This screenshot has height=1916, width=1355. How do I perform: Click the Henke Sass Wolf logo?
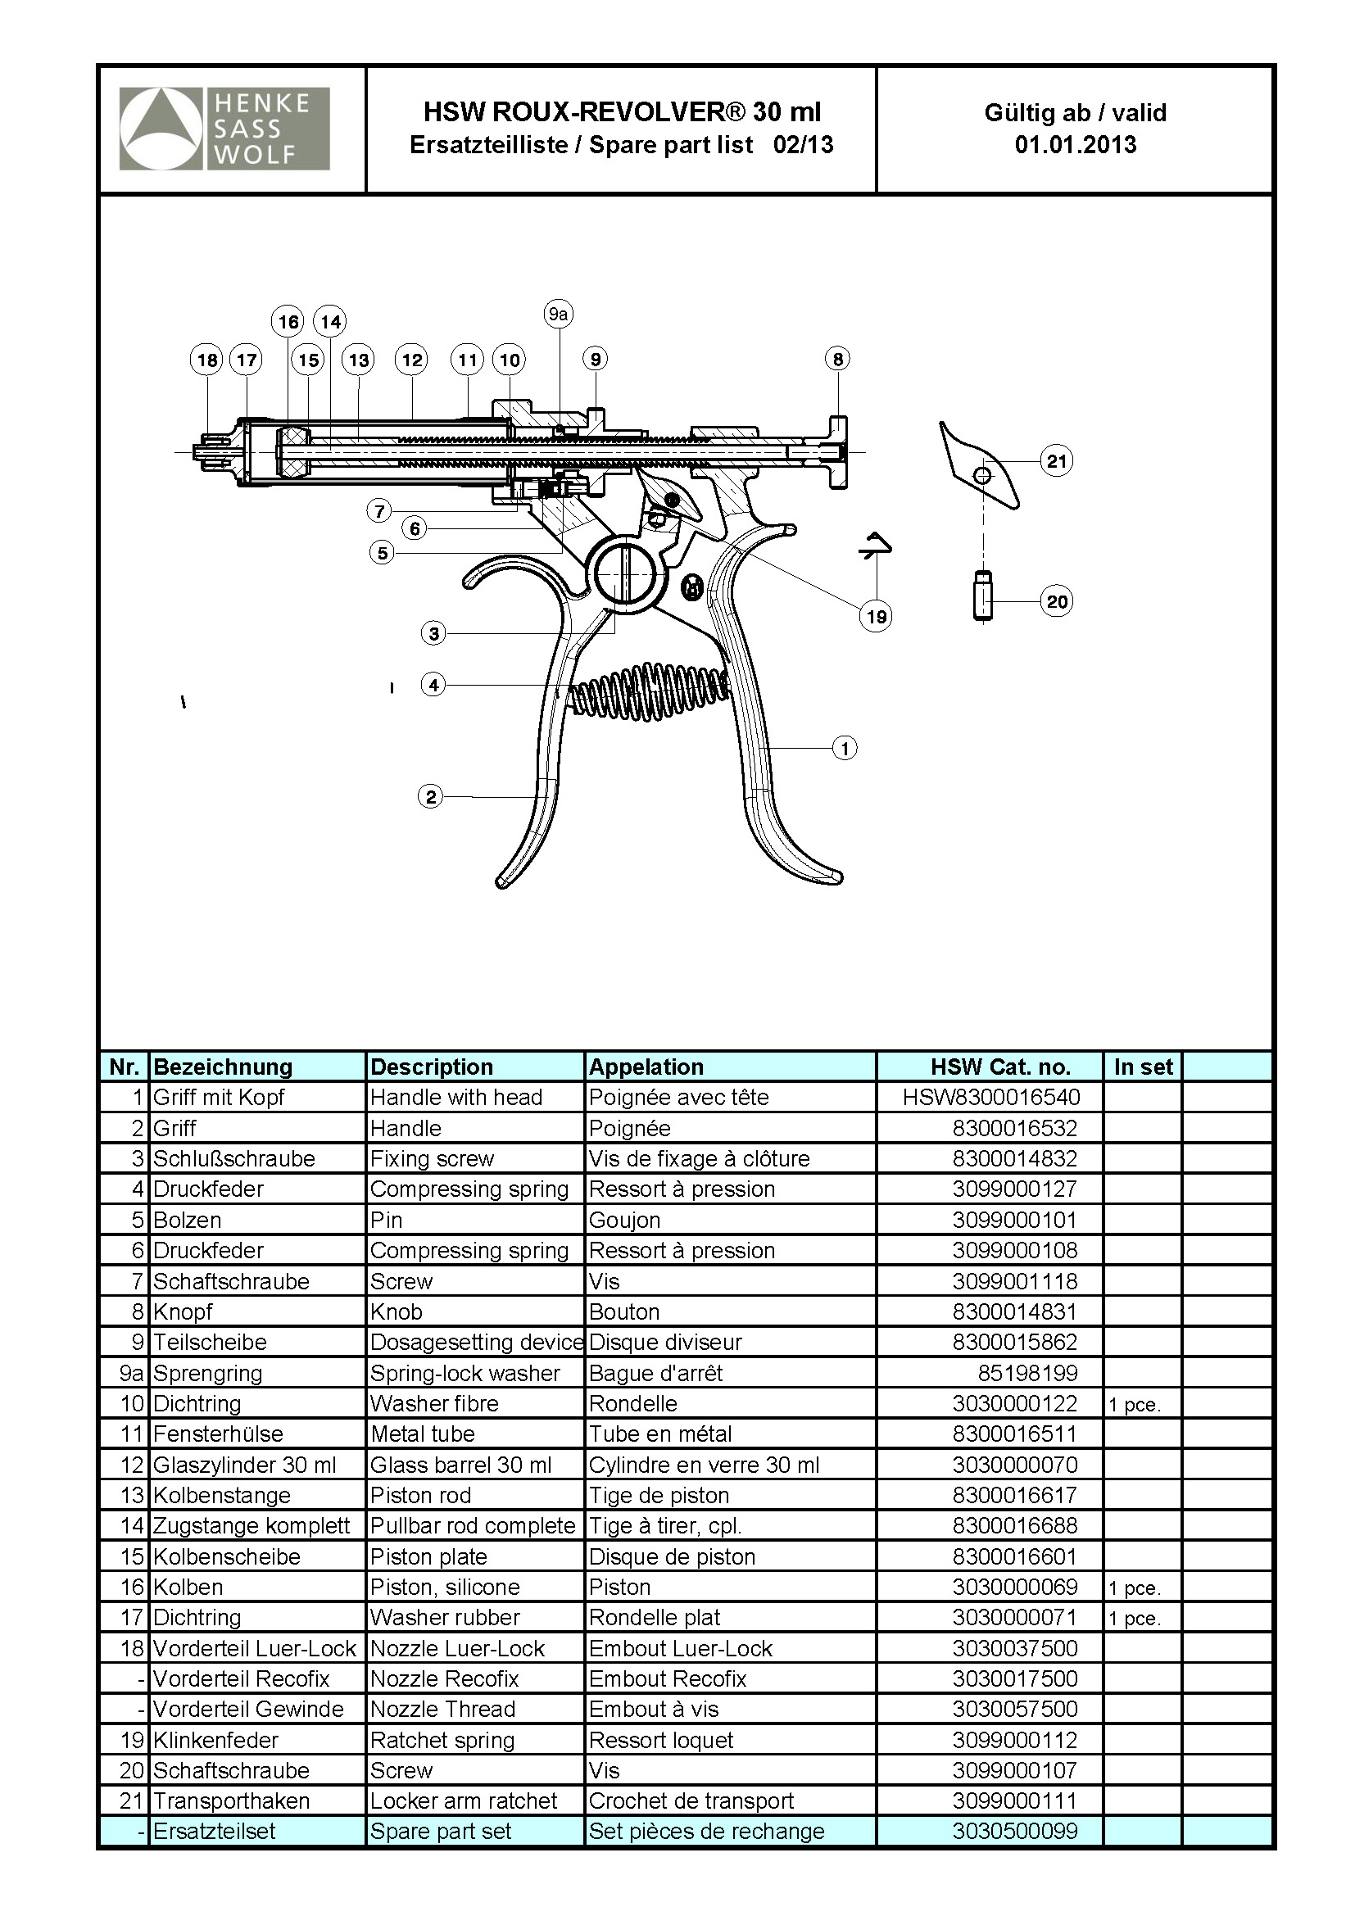pos(224,129)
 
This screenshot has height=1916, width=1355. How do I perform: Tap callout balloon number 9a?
pos(558,315)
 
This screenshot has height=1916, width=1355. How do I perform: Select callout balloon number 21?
pos(1056,460)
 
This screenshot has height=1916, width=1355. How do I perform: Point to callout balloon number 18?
pos(207,360)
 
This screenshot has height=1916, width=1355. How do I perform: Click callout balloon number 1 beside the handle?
pos(845,748)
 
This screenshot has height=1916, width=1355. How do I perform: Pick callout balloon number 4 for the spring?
pos(433,685)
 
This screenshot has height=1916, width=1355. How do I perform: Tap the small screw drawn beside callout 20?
pos(984,595)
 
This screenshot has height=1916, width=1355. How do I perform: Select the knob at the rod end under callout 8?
pos(837,451)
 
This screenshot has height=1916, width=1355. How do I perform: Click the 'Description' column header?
pos(432,1067)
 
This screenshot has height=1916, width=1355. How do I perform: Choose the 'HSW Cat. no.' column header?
pos(999,1067)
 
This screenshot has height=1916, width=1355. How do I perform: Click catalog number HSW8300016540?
pos(990,1098)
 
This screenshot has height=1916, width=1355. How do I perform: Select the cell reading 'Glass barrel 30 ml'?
pos(460,1465)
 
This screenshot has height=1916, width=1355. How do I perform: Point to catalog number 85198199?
pos(1027,1373)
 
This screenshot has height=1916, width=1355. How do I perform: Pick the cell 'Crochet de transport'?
pos(691,1800)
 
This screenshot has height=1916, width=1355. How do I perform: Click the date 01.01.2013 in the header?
pos(1075,144)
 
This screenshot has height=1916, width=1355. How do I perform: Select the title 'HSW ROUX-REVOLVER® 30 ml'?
pos(622,112)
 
